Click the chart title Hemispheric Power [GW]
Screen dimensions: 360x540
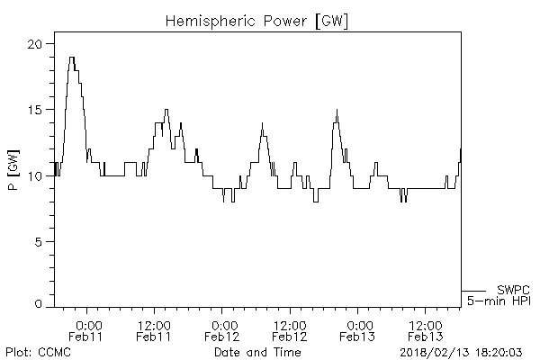click(257, 20)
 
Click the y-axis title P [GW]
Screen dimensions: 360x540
click(13, 163)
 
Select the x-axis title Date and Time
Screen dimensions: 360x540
click(257, 352)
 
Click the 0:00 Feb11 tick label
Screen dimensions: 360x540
click(87, 329)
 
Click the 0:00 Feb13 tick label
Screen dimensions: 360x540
click(359, 329)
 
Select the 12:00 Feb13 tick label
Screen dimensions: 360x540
click(427, 329)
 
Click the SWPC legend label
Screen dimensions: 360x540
click(513, 290)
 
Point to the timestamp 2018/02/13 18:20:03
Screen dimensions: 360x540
click(462, 352)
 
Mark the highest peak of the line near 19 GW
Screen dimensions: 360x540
click(72, 58)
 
